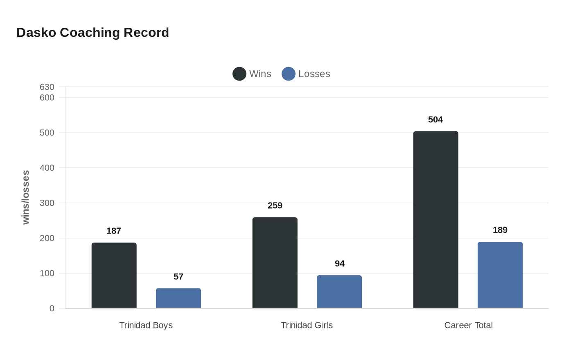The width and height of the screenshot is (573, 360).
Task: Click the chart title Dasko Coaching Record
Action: point(92,33)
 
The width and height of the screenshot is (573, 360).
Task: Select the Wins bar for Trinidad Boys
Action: point(114,275)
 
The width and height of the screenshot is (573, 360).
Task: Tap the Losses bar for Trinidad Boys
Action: point(178,298)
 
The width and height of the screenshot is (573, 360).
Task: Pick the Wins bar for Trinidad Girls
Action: point(275,263)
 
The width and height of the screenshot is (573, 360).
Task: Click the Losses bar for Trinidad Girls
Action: point(339,292)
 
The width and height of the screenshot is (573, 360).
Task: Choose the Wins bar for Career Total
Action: point(435,220)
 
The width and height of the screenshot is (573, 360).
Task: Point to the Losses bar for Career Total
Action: point(500,275)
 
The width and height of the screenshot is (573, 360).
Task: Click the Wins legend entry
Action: point(252,74)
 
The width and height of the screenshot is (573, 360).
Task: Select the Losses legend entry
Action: point(306,74)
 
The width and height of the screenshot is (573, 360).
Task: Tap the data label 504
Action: point(435,120)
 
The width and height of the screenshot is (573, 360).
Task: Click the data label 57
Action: point(178,277)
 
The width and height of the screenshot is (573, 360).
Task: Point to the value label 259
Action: point(275,206)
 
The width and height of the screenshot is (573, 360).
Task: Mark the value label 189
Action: point(500,230)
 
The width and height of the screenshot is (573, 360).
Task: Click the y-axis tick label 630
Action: point(47,87)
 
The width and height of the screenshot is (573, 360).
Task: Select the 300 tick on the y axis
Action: point(47,203)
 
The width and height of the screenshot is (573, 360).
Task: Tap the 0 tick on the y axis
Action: point(52,308)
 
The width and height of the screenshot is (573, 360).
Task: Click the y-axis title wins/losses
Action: point(26,197)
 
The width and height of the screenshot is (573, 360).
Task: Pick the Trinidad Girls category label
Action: point(307,326)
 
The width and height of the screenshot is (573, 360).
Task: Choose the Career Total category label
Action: point(468,326)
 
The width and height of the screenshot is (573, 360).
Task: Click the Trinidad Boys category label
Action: point(146,326)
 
